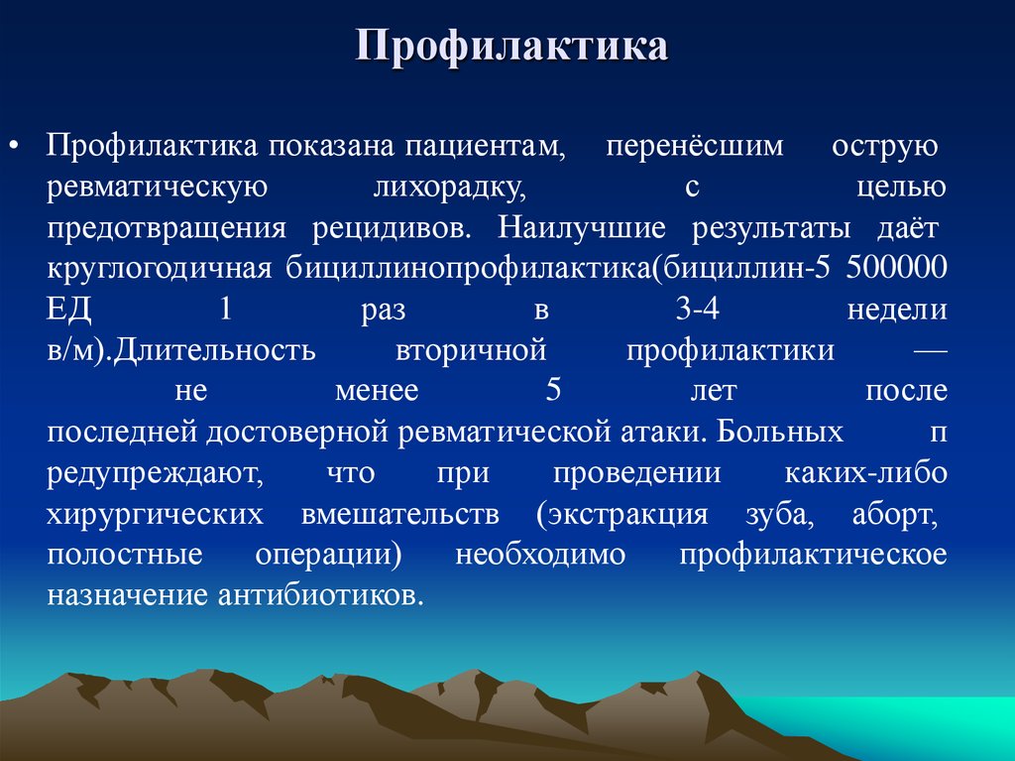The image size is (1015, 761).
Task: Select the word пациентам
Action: [x=484, y=146]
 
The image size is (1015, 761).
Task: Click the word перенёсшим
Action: [x=694, y=146]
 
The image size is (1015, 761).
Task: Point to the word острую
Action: [x=885, y=146]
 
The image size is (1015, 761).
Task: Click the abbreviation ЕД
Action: [x=68, y=310]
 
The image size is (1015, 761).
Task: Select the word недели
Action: [x=897, y=310]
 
